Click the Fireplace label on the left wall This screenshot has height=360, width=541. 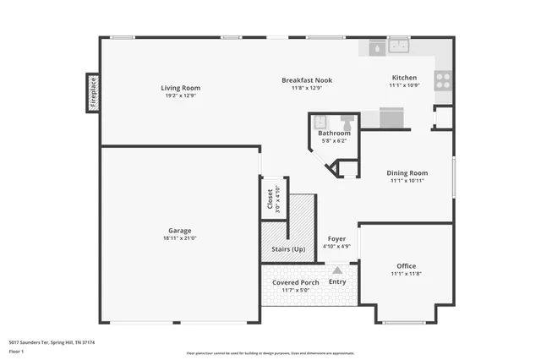(x=93, y=92)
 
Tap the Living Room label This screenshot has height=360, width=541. (x=181, y=88)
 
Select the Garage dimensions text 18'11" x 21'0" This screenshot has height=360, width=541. (x=179, y=239)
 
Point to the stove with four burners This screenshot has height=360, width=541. (x=443, y=80)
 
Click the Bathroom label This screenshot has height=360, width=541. (x=334, y=134)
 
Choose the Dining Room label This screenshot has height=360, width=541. (x=407, y=172)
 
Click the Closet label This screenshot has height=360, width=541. (x=270, y=199)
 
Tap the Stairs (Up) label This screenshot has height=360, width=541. (x=288, y=249)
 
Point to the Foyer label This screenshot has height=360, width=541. (x=337, y=239)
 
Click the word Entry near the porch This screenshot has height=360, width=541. (x=337, y=281)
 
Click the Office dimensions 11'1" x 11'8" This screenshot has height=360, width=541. (x=407, y=274)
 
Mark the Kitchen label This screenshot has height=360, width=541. (x=404, y=77)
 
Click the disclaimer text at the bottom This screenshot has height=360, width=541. (x=270, y=353)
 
